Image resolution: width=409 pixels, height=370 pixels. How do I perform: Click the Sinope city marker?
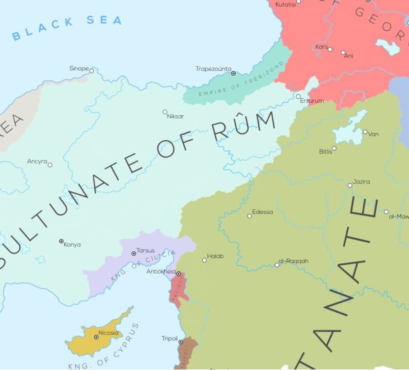(91, 71)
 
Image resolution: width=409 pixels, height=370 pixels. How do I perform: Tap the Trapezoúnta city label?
(213, 68)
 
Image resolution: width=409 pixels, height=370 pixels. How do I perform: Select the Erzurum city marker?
(298, 96)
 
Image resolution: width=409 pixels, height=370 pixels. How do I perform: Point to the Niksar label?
(175, 116)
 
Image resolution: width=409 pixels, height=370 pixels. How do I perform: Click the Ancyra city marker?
(50, 165)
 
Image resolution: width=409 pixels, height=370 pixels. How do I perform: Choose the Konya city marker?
(61, 241)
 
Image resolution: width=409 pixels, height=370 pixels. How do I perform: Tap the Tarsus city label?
(145, 250)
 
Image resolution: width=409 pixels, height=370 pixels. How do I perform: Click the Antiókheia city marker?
(178, 274)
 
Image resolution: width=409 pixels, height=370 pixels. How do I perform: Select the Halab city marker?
(204, 260)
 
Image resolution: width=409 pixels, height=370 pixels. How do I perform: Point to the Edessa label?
(262, 212)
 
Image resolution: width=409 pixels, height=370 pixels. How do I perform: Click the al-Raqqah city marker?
(277, 265)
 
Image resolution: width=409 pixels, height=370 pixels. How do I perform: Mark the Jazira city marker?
(350, 185)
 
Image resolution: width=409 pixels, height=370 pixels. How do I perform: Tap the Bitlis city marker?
(334, 148)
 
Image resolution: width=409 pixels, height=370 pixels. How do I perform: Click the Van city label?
(373, 134)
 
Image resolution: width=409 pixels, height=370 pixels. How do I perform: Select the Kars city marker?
(330, 49)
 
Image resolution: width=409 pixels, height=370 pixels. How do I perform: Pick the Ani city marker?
(343, 52)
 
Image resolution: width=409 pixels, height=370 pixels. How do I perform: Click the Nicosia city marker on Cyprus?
(96, 337)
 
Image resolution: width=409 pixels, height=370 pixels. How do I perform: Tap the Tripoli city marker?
(181, 342)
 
